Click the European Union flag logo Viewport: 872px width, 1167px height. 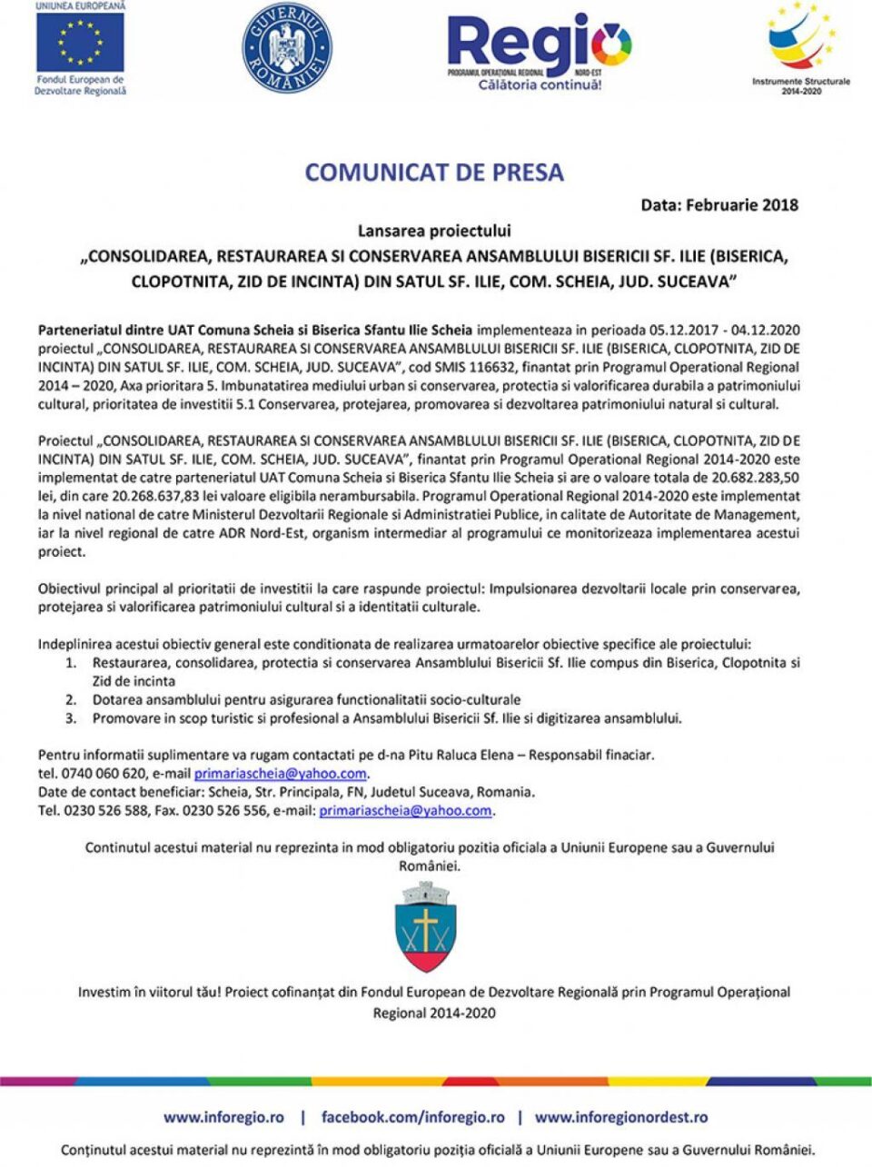pyautogui.click(x=80, y=43)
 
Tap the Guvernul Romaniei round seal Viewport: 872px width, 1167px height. pyautogui.click(x=287, y=48)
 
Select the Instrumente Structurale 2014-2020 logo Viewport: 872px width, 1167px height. pyautogui.click(x=801, y=45)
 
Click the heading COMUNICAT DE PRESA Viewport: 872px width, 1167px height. pyautogui.click(x=434, y=173)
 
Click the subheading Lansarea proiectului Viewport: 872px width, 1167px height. pyautogui.click(x=434, y=231)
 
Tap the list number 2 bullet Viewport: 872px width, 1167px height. pyautogui.click(x=70, y=699)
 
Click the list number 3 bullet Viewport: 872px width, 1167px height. pyautogui.click(x=70, y=717)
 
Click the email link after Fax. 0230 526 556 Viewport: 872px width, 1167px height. pyautogui.click(x=405, y=810)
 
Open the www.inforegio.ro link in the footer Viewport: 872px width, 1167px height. pyautogui.click(x=223, y=1117)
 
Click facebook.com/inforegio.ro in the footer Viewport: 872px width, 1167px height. pyautogui.click(x=412, y=1117)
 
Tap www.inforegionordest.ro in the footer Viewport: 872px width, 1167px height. pyautogui.click(x=620, y=1117)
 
